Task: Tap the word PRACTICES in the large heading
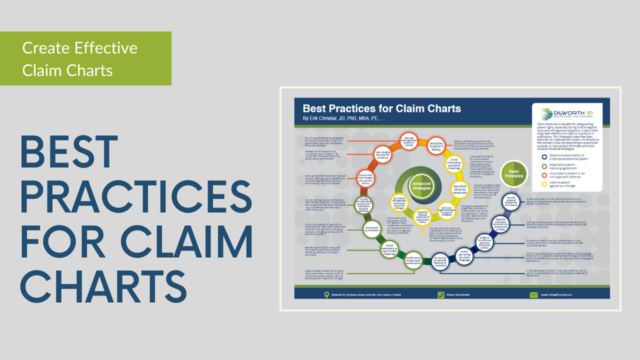tap(119, 200)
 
